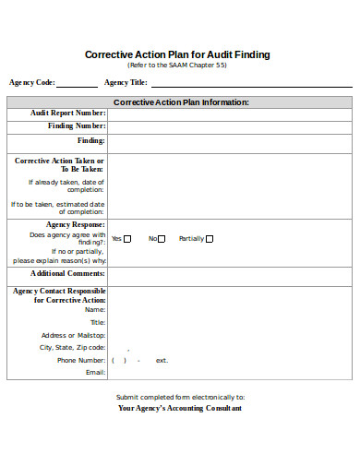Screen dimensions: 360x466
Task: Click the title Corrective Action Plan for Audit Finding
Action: pyautogui.click(x=177, y=54)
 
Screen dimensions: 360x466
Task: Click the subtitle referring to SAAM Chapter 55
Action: pyautogui.click(x=177, y=66)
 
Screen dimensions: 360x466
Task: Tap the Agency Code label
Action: pyautogui.click(x=31, y=82)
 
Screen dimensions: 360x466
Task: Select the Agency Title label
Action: pyautogui.click(x=127, y=82)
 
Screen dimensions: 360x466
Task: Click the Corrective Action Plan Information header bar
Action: pyautogui.click(x=180, y=102)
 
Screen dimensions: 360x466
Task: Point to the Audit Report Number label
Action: pyautogui.click(x=68, y=114)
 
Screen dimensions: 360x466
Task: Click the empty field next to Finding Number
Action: pyautogui.click(x=229, y=126)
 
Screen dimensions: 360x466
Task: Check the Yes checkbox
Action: pyautogui.click(x=128, y=238)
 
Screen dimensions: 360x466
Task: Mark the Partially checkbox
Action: pyautogui.click(x=210, y=238)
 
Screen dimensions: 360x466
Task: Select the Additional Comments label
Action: pyautogui.click(x=67, y=273)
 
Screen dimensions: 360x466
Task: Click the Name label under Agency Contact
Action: pyautogui.click(x=96, y=309)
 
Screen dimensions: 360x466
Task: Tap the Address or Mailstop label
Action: pyautogui.click(x=73, y=335)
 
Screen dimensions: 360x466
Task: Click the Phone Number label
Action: pyautogui.click(x=81, y=360)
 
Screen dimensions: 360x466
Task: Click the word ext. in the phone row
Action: pyautogui.click(x=162, y=360)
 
